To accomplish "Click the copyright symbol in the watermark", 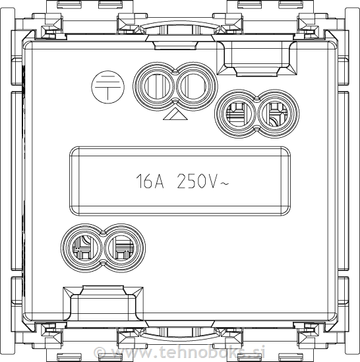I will pos(100,352).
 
